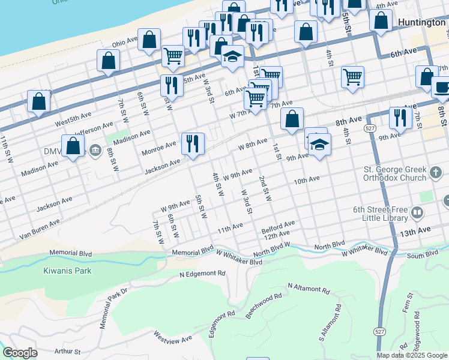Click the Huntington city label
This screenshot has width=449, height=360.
pyautogui.click(x=421, y=22)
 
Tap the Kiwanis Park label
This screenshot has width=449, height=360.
pyautogui.click(x=67, y=271)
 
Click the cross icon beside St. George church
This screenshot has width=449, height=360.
pyautogui.click(x=437, y=175)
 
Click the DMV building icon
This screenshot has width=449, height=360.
pyautogui.click(x=94, y=149)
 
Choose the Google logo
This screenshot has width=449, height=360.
pyautogui.click(x=20, y=353)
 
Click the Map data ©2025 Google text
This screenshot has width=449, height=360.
pyautogui.click(x=412, y=355)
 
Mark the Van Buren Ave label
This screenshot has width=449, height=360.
pyautogui.click(x=39, y=229)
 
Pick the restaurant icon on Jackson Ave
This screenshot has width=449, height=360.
pyautogui.click(x=193, y=144)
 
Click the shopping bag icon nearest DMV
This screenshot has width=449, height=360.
pyautogui.click(x=73, y=146)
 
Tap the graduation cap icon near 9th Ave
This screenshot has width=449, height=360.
pyautogui.click(x=320, y=145)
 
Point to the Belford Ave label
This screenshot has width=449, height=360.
pyautogui.click(x=278, y=227)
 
